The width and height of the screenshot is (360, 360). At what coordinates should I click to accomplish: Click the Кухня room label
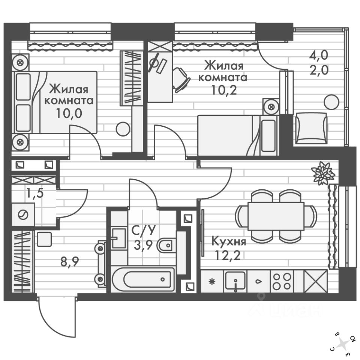[229, 241]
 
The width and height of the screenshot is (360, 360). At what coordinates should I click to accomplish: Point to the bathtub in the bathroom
[143, 279]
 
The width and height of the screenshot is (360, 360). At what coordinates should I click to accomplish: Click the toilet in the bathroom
[165, 246]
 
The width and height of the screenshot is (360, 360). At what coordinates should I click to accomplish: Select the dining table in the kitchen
[276, 216]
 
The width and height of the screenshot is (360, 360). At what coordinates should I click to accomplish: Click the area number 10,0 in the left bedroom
[69, 113]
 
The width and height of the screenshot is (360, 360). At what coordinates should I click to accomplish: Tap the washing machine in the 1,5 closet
[23, 215]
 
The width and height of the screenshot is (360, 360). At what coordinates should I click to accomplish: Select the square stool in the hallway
[44, 239]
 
